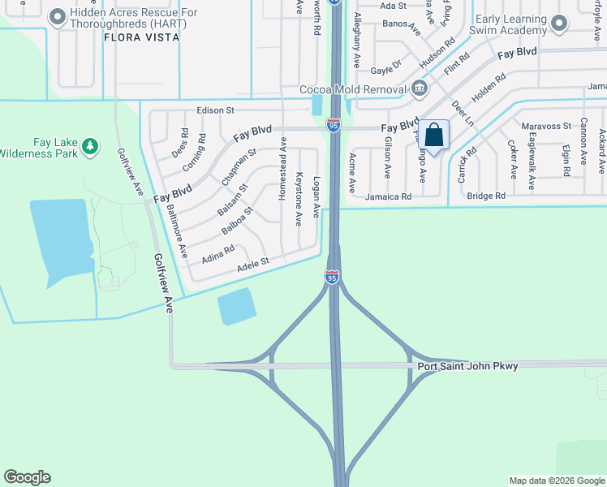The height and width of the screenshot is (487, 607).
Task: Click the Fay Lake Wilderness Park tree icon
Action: coord(91,146)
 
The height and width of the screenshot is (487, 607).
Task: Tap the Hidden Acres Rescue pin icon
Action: coord(58,16)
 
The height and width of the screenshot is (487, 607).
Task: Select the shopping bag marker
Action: coord(434,135)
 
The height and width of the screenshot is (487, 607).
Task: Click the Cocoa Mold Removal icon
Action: coord(419,88)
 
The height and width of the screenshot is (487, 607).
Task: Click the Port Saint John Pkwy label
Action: coord(467,366)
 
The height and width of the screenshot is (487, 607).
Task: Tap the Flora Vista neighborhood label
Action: coord(140,37)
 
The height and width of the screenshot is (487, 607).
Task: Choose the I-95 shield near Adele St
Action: coord(332,277)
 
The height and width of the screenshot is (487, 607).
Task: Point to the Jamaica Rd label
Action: coord(388,196)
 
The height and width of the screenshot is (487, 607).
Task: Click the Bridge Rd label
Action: coord(486,196)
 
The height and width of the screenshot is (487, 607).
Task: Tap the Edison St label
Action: coord(215,110)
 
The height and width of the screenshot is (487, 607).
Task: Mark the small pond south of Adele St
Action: coord(236,307)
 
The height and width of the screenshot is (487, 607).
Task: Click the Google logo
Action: coord(27,477)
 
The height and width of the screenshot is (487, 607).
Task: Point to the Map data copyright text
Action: coord(556,481)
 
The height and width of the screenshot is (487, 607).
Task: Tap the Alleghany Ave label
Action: coord(355,45)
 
